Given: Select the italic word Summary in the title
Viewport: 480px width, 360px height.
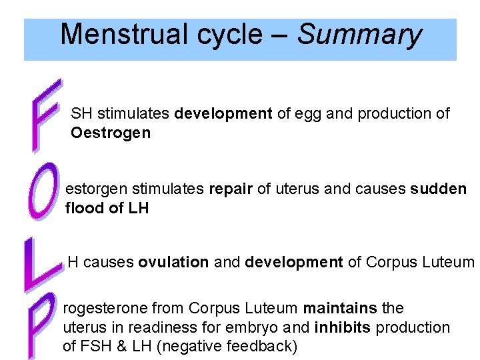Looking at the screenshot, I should pos(359,34).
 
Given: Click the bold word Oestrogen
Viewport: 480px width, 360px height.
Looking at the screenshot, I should pos(111,133).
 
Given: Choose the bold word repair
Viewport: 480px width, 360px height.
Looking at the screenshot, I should pos(231,189).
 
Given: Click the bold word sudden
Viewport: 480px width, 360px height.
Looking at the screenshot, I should pos(439,189).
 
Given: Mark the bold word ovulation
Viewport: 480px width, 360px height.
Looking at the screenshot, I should pos(173,263).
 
